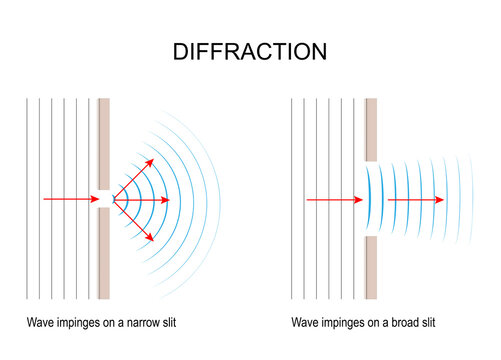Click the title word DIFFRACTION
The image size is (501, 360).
(250, 51)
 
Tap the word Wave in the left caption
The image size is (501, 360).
(41, 323)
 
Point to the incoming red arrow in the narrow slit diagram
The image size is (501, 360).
(70, 200)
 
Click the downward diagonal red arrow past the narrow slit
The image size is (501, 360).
(134, 221)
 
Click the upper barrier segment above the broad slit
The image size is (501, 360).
(372, 130)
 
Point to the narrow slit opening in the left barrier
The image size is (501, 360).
(103, 200)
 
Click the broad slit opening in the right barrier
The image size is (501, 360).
(372, 200)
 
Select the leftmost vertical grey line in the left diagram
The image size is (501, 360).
(28, 200)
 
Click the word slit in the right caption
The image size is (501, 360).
(425, 323)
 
